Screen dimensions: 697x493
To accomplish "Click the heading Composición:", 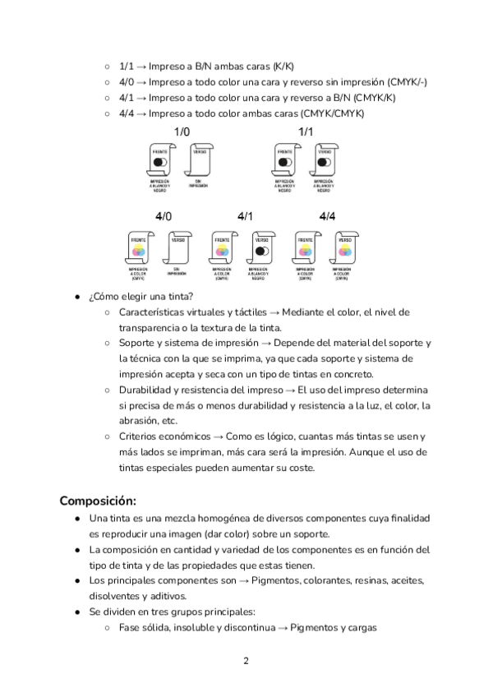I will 98,501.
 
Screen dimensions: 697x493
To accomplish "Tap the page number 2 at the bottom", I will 246,660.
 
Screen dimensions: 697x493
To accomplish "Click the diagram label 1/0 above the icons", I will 182,132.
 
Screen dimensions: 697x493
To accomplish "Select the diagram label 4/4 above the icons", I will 327,216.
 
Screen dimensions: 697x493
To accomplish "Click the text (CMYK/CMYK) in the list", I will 333,113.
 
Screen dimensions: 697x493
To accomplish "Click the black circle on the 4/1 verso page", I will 261,250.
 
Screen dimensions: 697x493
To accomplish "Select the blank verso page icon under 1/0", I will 200,162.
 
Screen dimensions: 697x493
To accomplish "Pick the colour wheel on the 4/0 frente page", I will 138,250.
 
